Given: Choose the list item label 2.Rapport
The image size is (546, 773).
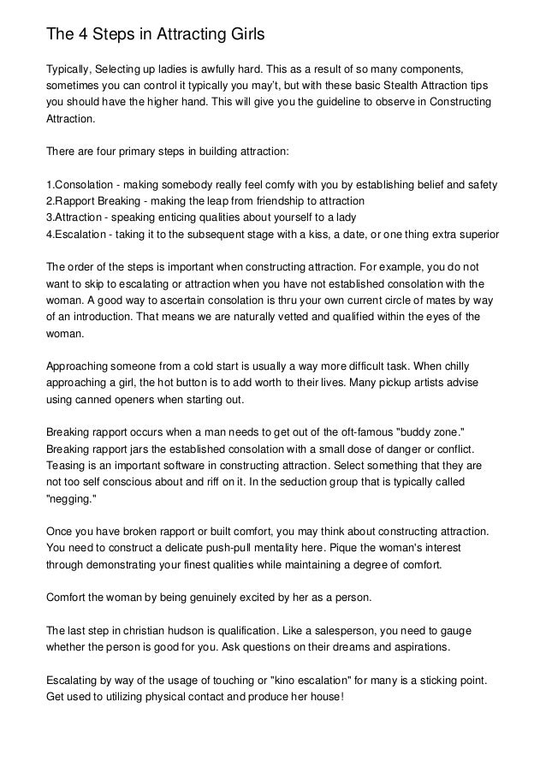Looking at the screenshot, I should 73,201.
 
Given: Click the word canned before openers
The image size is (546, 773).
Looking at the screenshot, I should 95,400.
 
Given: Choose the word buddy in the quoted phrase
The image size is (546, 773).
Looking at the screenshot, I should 419,433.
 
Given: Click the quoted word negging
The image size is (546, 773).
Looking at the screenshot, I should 74,499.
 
